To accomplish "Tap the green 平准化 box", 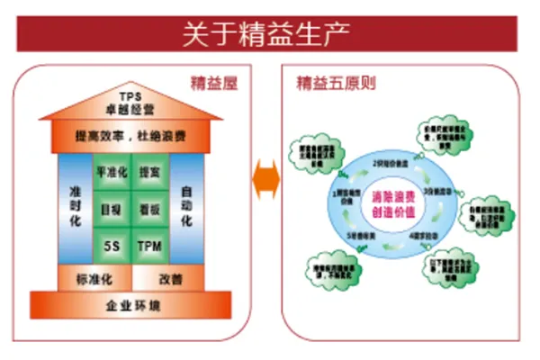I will (111, 171).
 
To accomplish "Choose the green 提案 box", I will (149, 171).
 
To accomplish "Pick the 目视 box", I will (111, 207).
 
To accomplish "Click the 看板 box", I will (149, 207).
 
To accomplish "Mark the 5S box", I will (111, 244).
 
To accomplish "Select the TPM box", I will (149, 244).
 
